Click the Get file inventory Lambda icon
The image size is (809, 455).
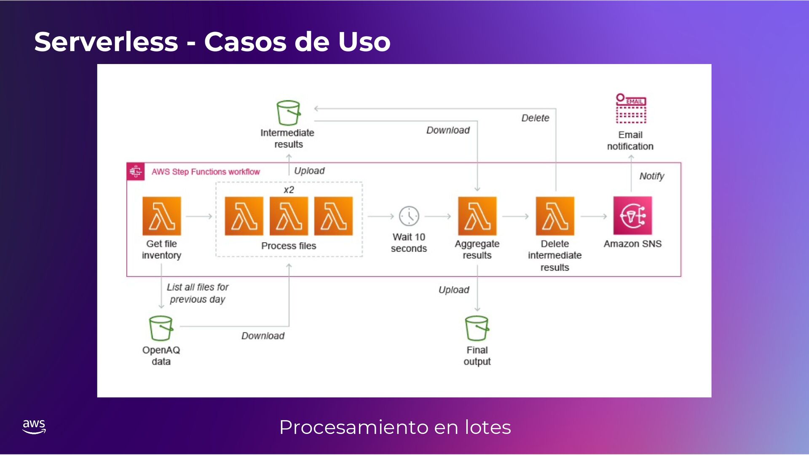click(161, 216)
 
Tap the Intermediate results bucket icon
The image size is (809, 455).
click(288, 112)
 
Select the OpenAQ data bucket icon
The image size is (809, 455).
click(161, 328)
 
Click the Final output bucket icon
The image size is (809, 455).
click(477, 328)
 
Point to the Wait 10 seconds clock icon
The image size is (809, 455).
click(409, 216)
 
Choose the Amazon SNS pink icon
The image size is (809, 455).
click(632, 216)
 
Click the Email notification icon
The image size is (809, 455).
click(631, 109)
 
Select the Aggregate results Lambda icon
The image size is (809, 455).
click(477, 216)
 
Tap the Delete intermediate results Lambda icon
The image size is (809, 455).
click(555, 216)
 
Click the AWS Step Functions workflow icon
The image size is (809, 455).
click(136, 171)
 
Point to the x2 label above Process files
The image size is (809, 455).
click(289, 190)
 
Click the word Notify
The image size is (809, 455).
click(651, 176)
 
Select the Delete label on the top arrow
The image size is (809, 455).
click(535, 118)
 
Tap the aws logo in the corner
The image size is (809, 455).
click(34, 426)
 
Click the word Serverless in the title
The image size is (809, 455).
click(106, 42)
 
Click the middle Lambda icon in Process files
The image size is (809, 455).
click(289, 216)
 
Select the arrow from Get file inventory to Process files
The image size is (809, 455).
click(198, 216)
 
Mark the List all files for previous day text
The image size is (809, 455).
click(198, 293)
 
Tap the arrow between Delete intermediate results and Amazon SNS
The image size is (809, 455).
click(594, 216)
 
